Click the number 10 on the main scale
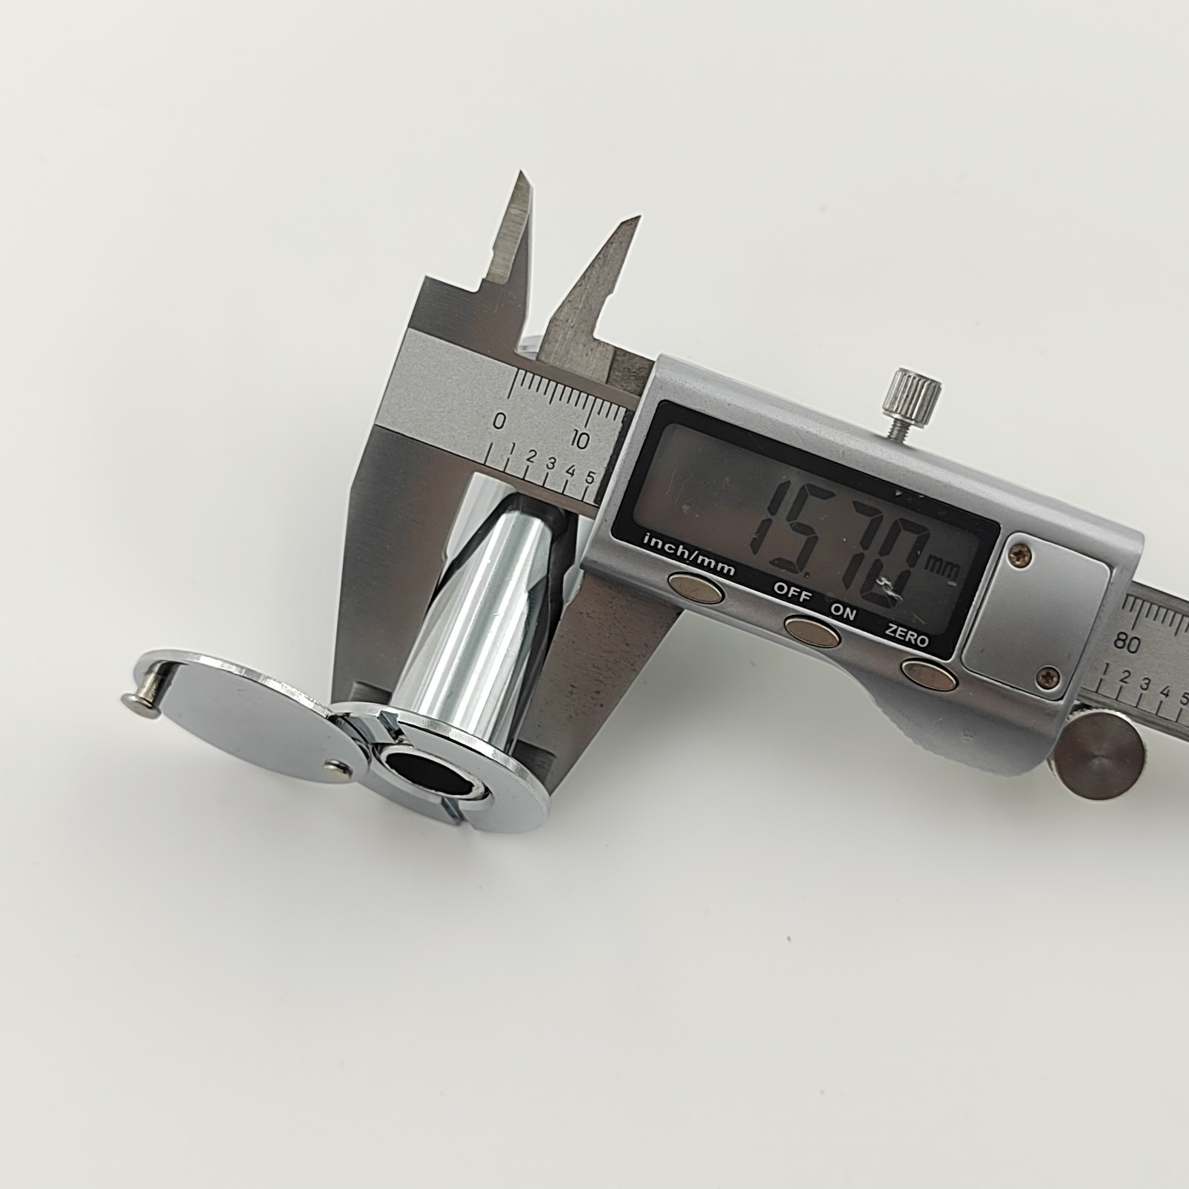pos(579,440)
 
